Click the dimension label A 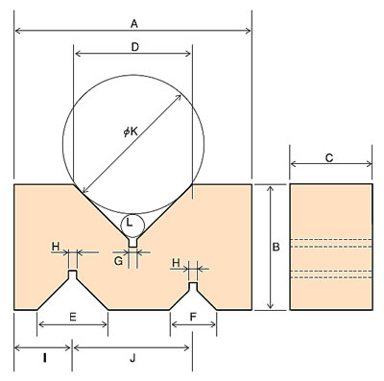134,23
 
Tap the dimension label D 135,47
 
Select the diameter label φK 131,131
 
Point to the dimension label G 118,261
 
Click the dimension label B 276,247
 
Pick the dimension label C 329,157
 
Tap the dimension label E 73,317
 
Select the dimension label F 193,317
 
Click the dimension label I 45,359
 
